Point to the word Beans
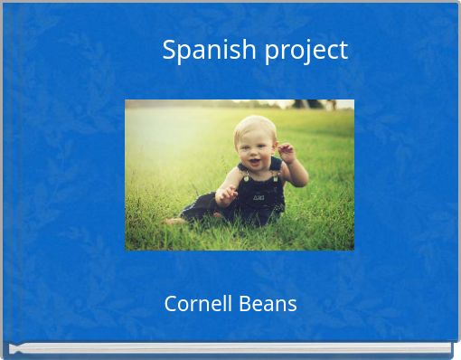(268, 304)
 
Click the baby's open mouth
(254, 163)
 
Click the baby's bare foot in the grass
(174, 220)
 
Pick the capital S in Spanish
(170, 50)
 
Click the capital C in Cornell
(171, 304)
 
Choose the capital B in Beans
(244, 304)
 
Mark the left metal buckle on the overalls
(244, 176)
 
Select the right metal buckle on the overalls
(275, 175)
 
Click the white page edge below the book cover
(230, 348)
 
